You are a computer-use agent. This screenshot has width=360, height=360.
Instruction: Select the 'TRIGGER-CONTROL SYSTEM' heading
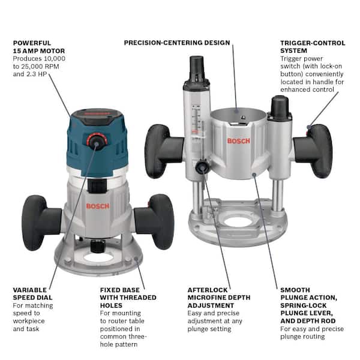tap(313, 47)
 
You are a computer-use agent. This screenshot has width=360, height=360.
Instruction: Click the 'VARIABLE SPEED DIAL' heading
tap(32, 293)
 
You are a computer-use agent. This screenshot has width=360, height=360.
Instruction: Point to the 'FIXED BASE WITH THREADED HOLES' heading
tap(128, 297)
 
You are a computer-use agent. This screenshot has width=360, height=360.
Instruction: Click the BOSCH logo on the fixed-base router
tap(97, 206)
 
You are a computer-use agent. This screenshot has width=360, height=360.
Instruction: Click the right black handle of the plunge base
tap(319, 151)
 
